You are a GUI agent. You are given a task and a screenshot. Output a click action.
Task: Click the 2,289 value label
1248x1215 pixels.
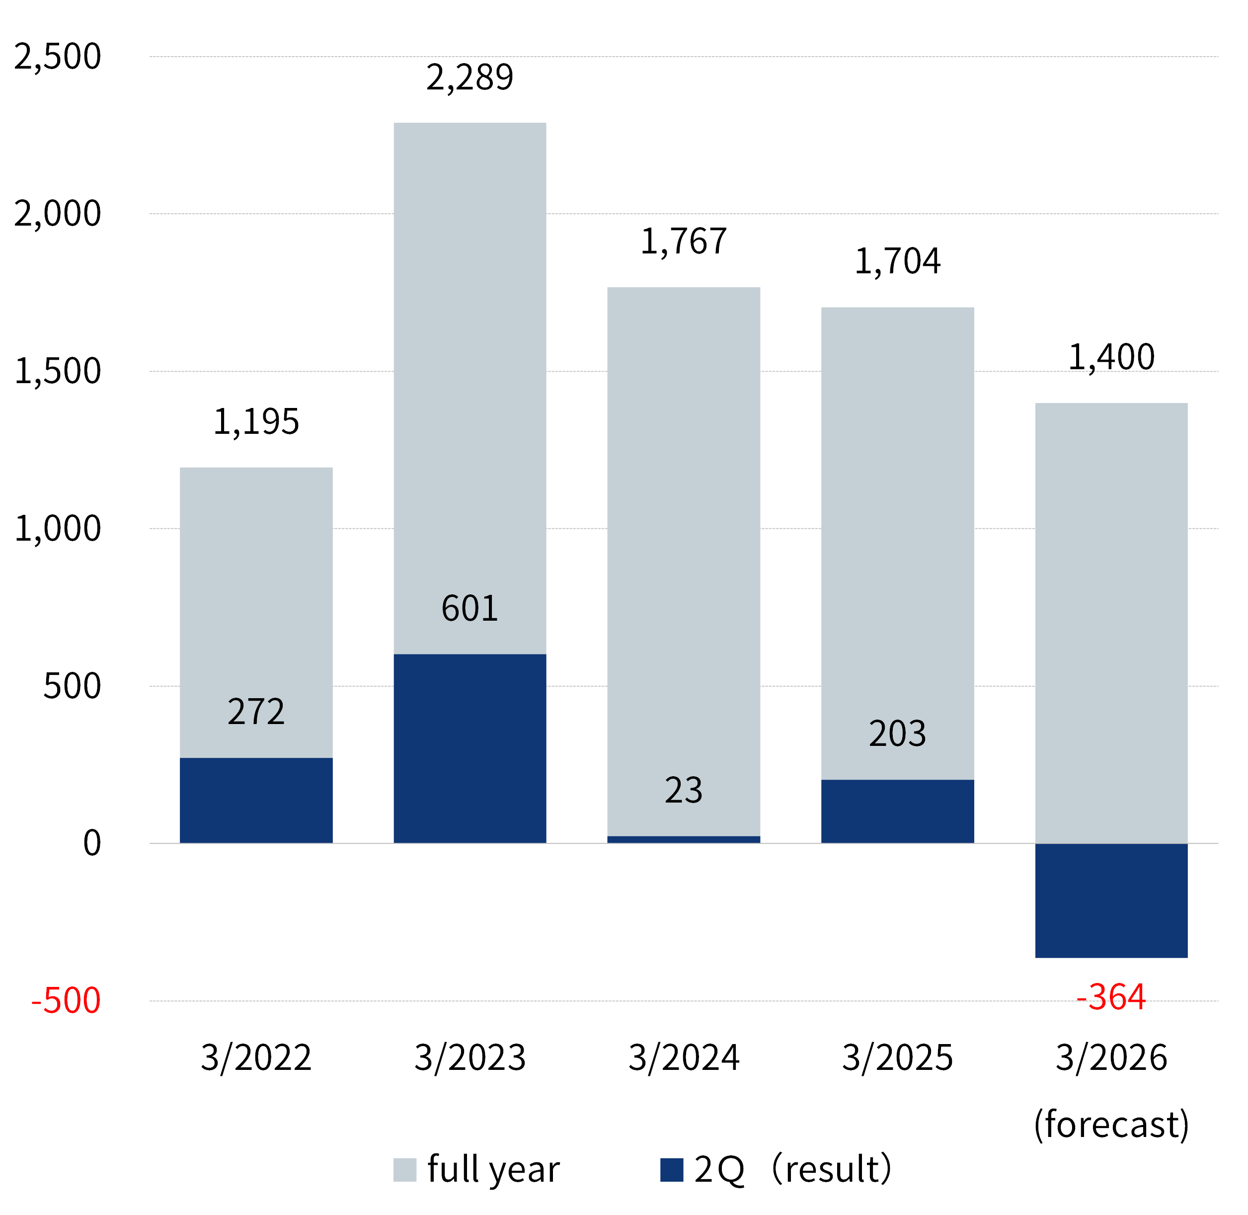point(469,78)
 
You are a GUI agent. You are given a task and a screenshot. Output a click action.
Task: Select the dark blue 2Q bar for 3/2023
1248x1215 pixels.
point(469,748)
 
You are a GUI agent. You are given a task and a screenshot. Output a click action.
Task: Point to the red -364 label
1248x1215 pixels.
point(1111,997)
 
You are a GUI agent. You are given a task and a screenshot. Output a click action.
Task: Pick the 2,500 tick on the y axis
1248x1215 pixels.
point(58,56)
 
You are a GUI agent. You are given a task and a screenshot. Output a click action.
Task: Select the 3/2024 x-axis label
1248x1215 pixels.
point(683,1057)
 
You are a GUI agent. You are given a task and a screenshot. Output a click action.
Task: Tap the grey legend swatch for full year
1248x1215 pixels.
point(404,1170)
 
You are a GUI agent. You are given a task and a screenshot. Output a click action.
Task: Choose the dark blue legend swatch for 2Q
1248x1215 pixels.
point(671,1170)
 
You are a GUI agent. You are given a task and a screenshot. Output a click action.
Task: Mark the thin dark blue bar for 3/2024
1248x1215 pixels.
point(683,839)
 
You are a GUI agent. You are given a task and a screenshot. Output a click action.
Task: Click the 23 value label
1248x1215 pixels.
point(683,790)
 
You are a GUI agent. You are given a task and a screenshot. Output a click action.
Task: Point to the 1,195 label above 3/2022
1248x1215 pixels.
point(256,422)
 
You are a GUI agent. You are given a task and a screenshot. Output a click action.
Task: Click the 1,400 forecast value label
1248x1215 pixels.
point(1111,357)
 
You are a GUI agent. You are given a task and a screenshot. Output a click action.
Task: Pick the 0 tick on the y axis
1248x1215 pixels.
point(92,843)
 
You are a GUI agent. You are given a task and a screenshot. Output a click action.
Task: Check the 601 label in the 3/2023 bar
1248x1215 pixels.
point(469,608)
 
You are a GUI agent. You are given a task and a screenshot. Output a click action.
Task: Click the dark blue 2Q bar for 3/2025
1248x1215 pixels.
point(897,811)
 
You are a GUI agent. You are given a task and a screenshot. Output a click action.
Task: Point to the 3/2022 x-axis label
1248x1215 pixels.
point(256,1057)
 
